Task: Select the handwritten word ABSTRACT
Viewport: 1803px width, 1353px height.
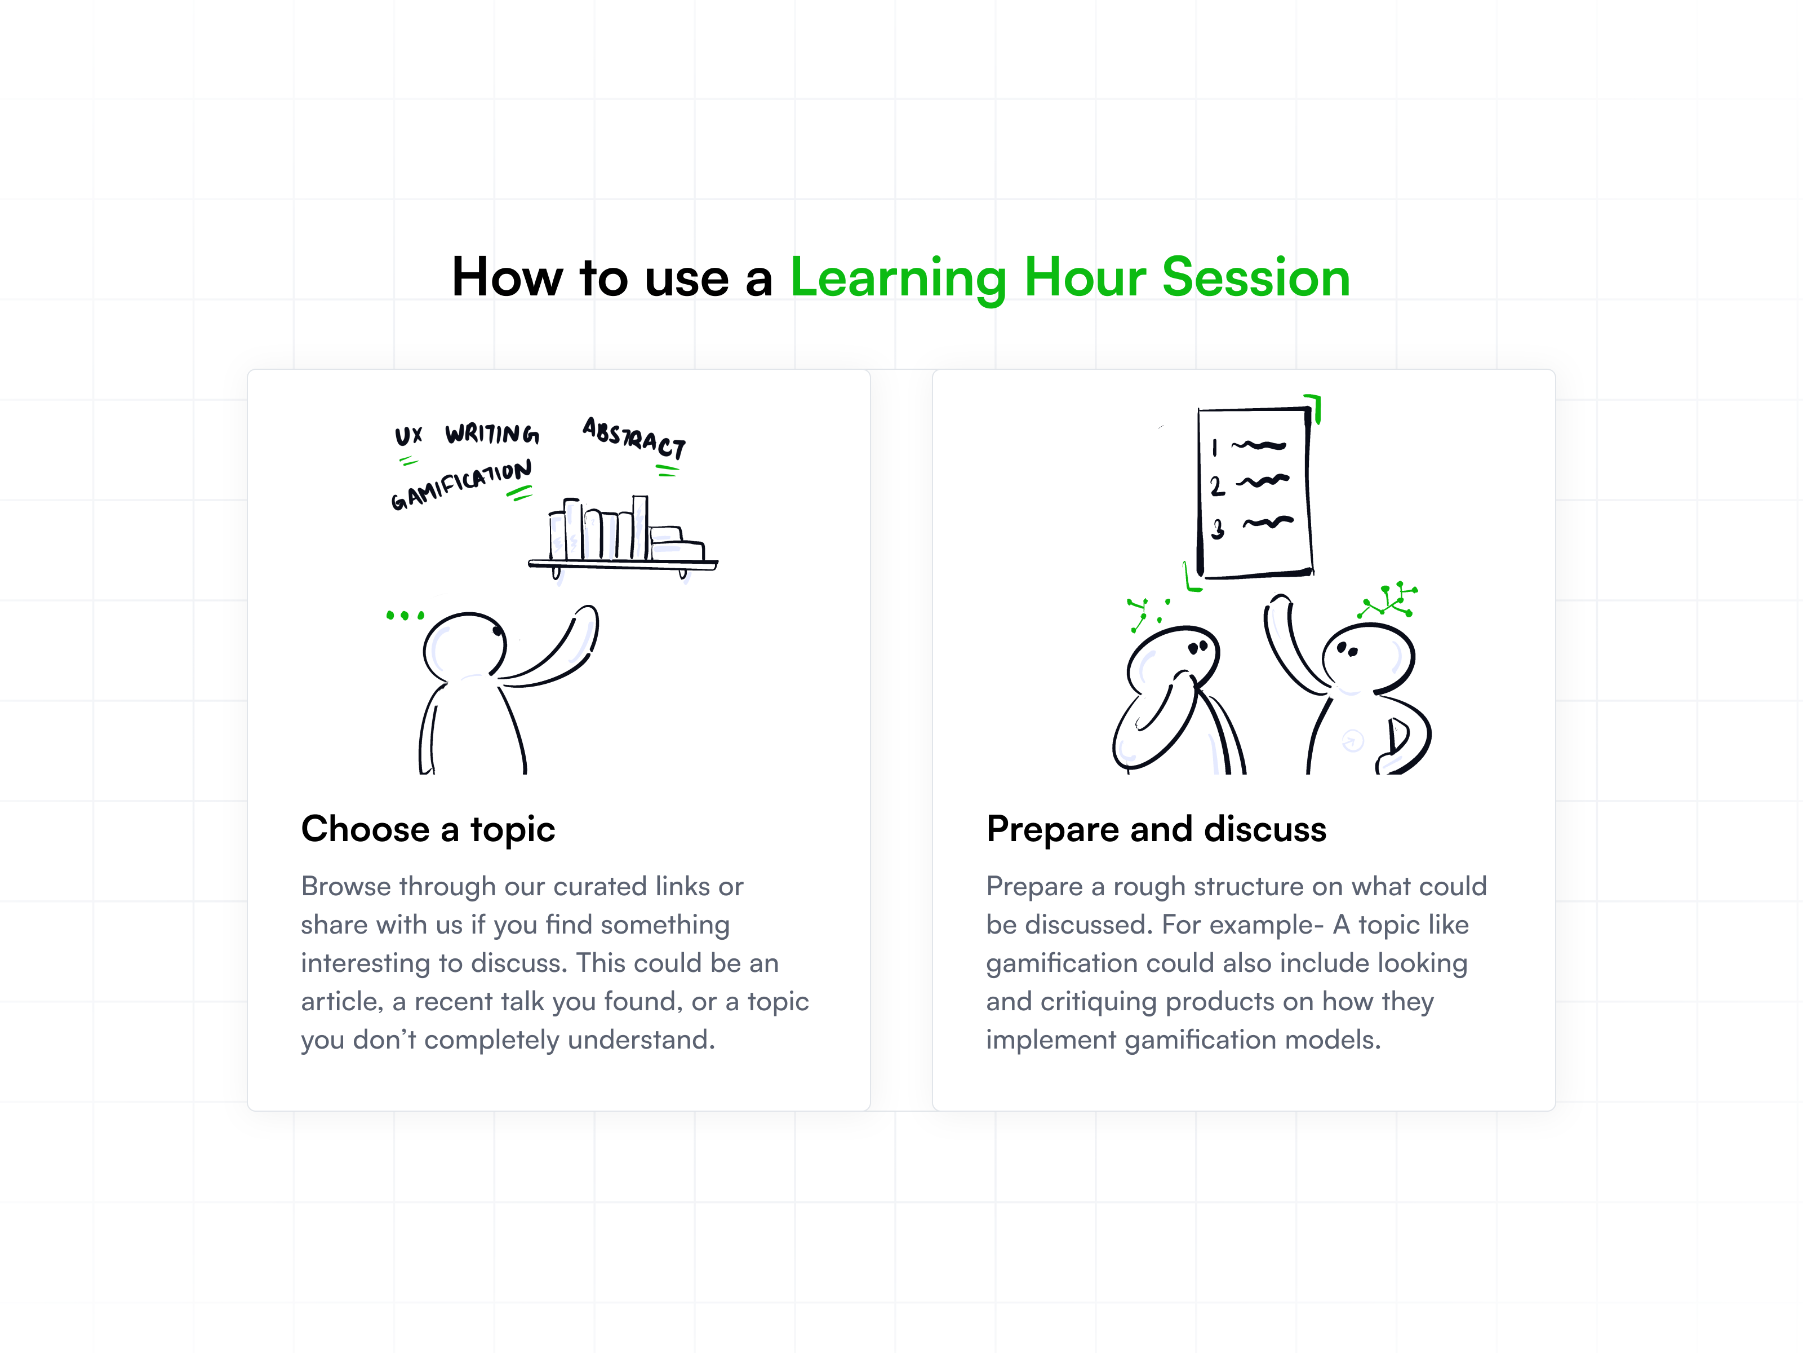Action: tap(634, 437)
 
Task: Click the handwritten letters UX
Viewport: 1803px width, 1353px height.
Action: tap(408, 436)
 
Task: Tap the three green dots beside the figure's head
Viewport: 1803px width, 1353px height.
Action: tap(405, 615)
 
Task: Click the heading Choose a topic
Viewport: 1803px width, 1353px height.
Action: tap(428, 829)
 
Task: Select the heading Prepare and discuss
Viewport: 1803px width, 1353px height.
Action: tap(1156, 829)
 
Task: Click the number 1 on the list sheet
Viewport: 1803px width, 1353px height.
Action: tap(1215, 447)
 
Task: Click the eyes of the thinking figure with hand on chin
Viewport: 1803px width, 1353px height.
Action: tap(1197, 648)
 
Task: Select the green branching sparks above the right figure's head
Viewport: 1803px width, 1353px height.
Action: tap(1388, 601)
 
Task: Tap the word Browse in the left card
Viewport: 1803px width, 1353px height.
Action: tap(345, 887)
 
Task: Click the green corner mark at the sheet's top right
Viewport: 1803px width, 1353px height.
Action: tap(1314, 405)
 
